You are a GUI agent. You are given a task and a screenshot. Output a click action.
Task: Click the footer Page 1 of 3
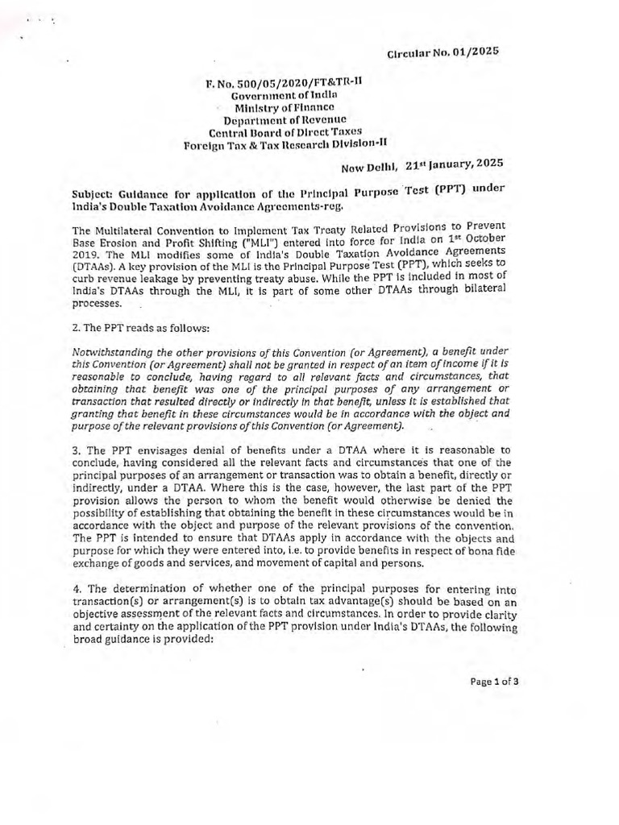click(495, 681)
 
